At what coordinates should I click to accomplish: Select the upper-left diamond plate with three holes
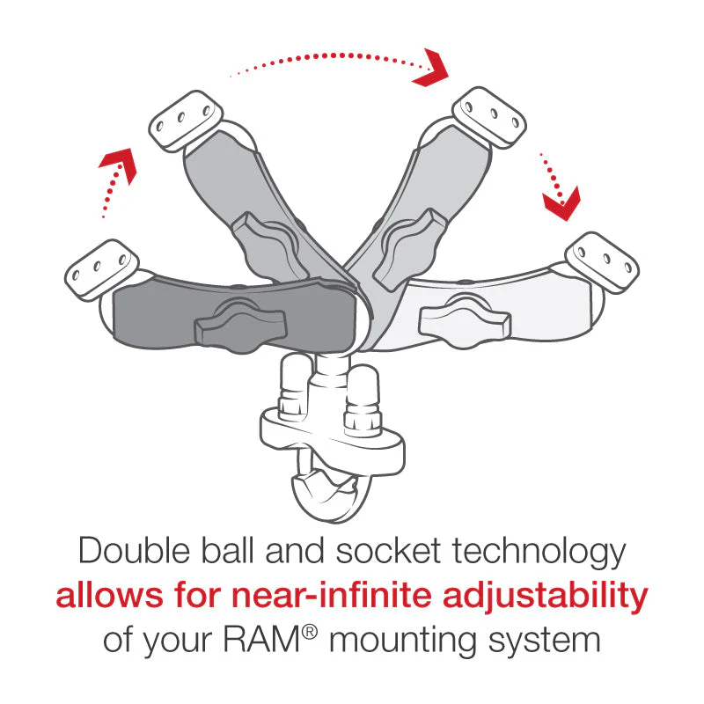coord(183,122)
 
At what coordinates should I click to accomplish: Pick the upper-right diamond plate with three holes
coord(491,114)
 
